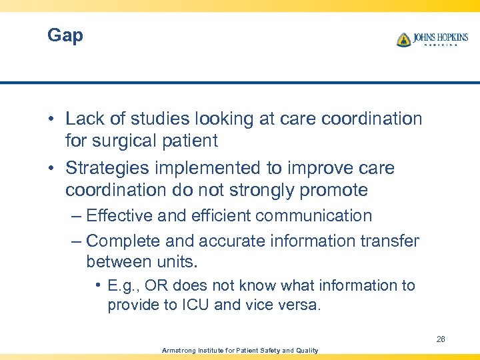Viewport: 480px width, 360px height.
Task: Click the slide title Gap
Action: [65, 35]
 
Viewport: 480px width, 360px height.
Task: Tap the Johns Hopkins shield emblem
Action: [403, 40]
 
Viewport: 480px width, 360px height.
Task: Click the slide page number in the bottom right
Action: [441, 339]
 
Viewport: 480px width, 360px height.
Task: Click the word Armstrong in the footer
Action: [179, 350]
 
